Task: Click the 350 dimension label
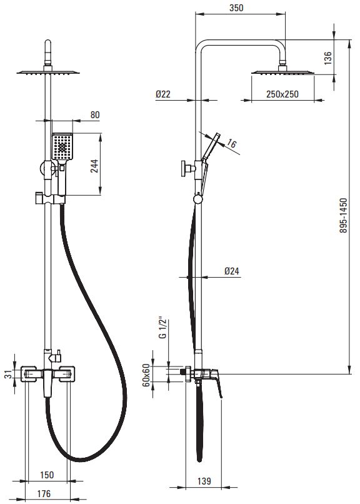coord(236,8)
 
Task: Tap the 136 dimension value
coord(327,58)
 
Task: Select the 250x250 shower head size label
coord(282,94)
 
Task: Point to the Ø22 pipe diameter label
coord(163,94)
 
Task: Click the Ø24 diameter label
coord(231,271)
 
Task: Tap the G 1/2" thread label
coord(163,328)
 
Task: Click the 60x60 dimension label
coord(146,375)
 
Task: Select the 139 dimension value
coord(204,481)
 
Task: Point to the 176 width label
coord(44,493)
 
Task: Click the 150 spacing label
coord(47,475)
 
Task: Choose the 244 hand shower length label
coord(94,166)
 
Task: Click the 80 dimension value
coord(95,115)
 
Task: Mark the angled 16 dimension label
coord(231,143)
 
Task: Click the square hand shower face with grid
coord(62,146)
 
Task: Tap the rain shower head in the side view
coord(282,71)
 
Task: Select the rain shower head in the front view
coord(48,73)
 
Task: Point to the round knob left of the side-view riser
coord(186,168)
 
